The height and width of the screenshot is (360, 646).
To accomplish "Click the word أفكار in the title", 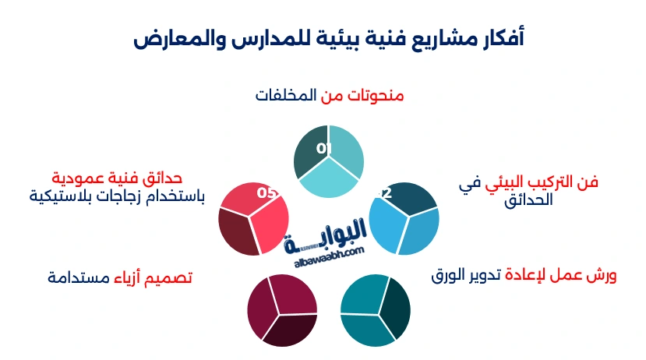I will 497,37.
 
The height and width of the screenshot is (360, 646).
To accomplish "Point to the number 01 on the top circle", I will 324,148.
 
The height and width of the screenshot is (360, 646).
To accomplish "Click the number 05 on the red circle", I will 267,192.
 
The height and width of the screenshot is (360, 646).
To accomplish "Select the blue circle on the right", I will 404,219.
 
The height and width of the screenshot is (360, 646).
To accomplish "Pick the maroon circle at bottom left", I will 282,310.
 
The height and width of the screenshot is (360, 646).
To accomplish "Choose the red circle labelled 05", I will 254,219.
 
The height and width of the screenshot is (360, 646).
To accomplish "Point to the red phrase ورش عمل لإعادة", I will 561,275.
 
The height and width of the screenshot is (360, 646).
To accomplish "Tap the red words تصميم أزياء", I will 154,277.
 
